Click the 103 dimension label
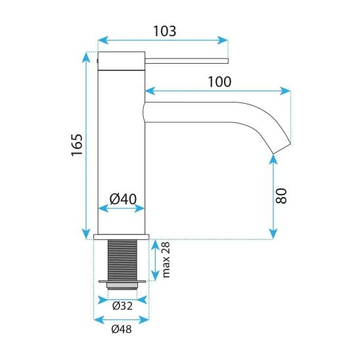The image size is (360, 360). (x=165, y=31)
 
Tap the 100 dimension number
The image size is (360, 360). (x=219, y=81)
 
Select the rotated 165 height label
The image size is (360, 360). (x=77, y=145)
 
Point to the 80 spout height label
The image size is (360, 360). (x=281, y=196)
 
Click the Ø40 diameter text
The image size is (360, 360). (x=123, y=199)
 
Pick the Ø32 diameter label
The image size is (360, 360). (x=122, y=306)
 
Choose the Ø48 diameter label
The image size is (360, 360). (x=122, y=329)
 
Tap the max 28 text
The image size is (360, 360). (x=166, y=259)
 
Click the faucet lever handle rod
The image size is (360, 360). (x=187, y=61)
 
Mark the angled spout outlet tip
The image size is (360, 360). (x=282, y=148)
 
